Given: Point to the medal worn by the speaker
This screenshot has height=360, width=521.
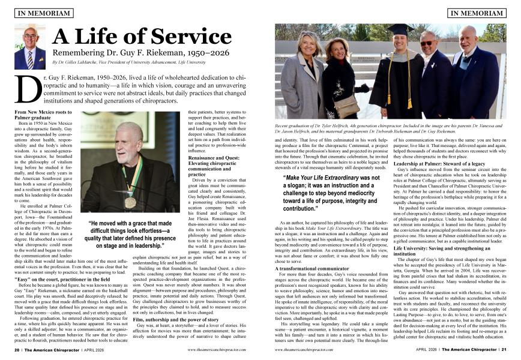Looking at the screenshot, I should point(130,202).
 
